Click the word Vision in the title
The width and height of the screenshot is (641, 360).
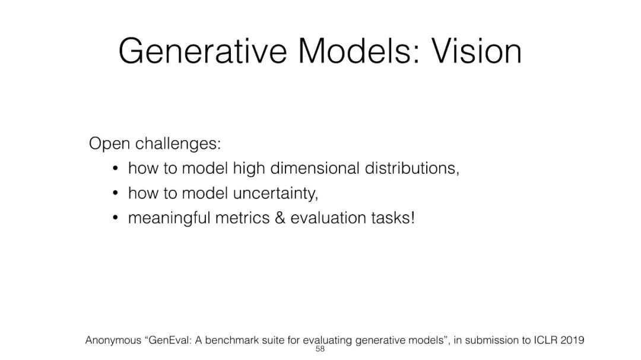click(477, 51)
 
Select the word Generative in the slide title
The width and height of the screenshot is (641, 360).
click(203, 51)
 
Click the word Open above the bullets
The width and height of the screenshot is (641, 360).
click(109, 144)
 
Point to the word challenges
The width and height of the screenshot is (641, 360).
click(178, 144)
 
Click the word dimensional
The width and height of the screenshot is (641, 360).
click(315, 168)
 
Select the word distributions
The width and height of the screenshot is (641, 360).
click(412, 168)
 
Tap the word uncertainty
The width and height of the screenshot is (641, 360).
click(275, 193)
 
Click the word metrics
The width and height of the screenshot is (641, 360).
click(242, 218)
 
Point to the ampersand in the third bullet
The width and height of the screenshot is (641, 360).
click(280, 218)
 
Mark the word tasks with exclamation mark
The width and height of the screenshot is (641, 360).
click(394, 218)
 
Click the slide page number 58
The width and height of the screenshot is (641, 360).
click(320, 349)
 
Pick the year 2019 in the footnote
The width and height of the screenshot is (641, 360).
click(572, 340)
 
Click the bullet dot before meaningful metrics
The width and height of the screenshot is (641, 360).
click(115, 218)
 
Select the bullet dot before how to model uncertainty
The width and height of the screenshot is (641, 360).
click(115, 193)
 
